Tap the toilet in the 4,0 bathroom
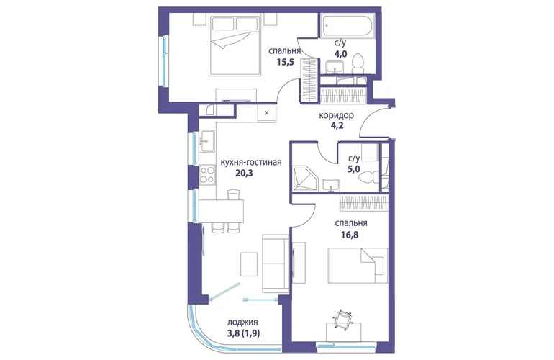(358, 64)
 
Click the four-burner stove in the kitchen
(207, 175)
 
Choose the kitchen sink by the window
(206, 141)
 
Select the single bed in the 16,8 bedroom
(358, 265)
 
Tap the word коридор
(337, 116)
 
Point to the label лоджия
(242, 322)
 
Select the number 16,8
(350, 235)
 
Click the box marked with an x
(267, 113)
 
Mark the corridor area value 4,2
(336, 125)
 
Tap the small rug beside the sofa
(249, 264)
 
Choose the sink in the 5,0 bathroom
(331, 185)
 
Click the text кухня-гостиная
(251, 162)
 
